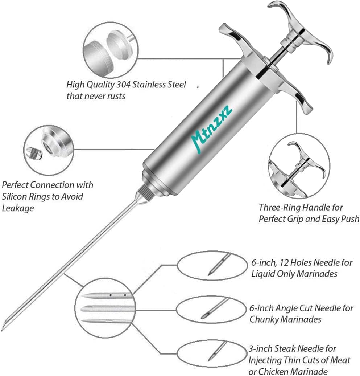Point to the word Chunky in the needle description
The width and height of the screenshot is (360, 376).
pyautogui.click(x=264, y=320)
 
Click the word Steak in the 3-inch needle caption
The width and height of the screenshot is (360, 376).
pyautogui.click(x=284, y=349)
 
